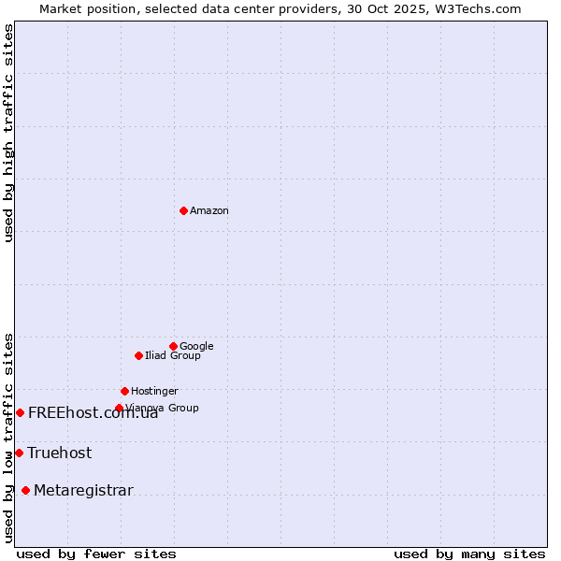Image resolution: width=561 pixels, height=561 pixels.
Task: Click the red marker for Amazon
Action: [183, 210]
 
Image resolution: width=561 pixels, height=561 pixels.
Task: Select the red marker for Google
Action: [173, 346]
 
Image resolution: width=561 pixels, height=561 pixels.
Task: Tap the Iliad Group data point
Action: [138, 355]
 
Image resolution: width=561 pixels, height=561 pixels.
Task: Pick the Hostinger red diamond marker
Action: [124, 391]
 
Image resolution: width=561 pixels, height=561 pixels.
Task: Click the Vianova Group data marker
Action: [119, 408]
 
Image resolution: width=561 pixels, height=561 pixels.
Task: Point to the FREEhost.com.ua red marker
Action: [20, 412]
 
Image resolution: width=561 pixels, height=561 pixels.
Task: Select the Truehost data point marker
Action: [19, 453]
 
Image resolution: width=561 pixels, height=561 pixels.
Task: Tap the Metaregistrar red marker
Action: [25, 490]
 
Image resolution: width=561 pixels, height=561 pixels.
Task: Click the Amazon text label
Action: [209, 211]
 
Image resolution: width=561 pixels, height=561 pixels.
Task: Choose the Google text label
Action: [196, 347]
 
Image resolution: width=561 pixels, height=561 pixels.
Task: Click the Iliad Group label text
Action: [173, 356]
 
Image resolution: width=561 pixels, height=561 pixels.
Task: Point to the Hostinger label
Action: [154, 392]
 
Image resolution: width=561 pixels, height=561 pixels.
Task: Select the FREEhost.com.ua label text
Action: [93, 413]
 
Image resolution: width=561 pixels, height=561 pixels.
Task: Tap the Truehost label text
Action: [60, 453]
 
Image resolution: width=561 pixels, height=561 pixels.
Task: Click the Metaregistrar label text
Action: [83, 491]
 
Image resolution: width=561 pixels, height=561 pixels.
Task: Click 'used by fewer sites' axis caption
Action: [96, 554]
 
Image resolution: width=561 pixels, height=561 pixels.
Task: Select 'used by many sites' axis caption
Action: [469, 554]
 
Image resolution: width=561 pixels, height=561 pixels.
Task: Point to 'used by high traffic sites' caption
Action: [8, 133]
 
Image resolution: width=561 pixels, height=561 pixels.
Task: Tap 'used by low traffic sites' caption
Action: [8, 438]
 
